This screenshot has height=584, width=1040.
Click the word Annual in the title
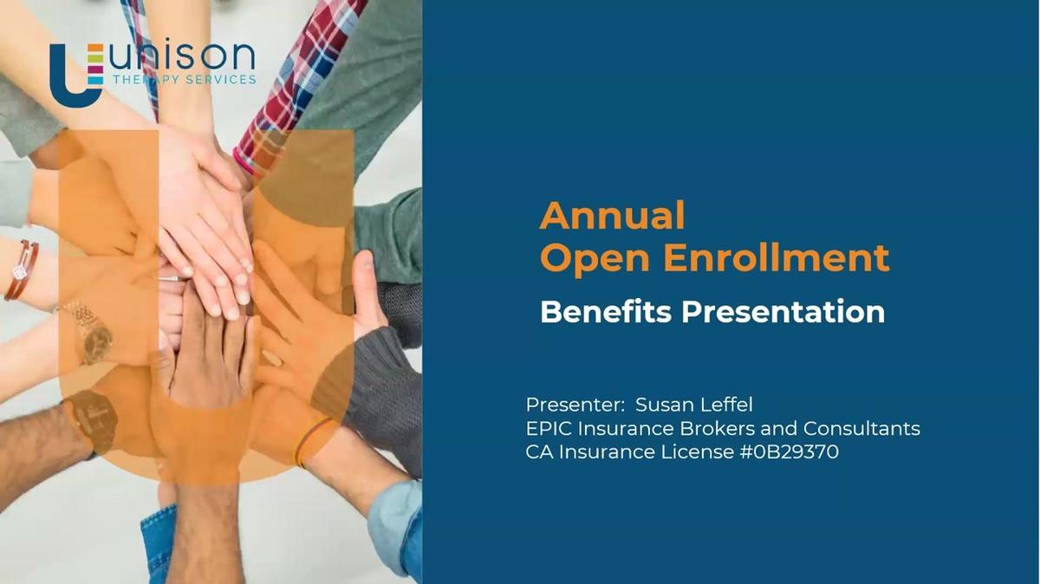coord(612,216)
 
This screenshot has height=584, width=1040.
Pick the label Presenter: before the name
coord(575,405)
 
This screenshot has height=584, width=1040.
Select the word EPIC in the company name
coord(549,428)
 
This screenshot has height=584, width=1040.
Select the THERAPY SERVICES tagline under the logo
coord(184,80)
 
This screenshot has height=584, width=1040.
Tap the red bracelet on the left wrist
coord(21,270)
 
